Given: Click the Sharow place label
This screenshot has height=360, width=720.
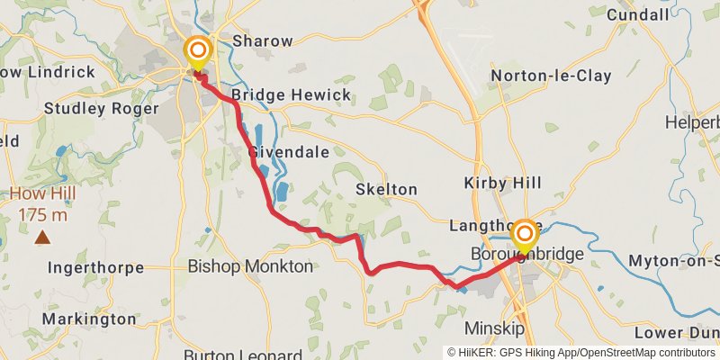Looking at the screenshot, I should [x=263, y=40].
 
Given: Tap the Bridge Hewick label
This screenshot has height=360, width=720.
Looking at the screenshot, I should [x=276, y=94].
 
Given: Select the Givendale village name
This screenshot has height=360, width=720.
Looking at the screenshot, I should [x=288, y=152].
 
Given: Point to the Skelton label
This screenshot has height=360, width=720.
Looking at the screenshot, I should [x=386, y=190].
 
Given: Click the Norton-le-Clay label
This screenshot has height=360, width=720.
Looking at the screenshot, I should [x=547, y=76].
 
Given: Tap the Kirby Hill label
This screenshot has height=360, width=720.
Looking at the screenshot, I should [x=502, y=183].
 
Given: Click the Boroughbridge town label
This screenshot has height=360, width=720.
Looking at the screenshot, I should [x=527, y=256].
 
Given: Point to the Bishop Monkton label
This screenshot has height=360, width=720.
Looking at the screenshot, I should [x=250, y=266].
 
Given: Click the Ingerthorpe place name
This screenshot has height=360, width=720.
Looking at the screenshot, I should [x=95, y=266].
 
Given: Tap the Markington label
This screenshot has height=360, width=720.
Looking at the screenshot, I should [x=89, y=319].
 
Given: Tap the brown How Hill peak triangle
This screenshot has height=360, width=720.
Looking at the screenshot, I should [x=42, y=238].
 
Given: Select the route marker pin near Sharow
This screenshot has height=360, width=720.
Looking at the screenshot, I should [x=196, y=52].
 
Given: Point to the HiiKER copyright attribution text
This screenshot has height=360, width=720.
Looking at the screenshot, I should [x=581, y=353].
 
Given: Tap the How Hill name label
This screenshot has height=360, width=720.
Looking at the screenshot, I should [x=43, y=194].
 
